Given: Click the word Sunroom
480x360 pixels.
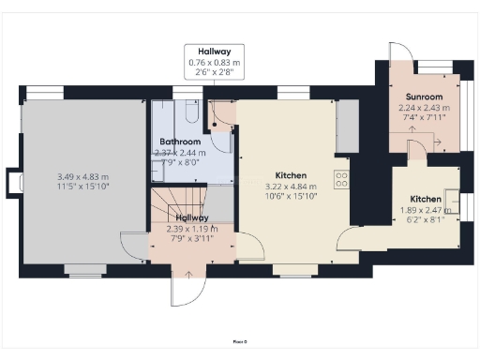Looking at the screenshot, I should pyautogui.click(x=424, y=97).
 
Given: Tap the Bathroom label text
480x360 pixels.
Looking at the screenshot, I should pyautogui.click(x=181, y=142).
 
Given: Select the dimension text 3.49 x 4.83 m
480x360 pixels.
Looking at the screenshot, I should pyautogui.click(x=82, y=177).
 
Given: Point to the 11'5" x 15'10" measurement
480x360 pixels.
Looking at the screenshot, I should pyautogui.click(x=82, y=187).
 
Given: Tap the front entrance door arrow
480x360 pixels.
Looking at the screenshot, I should pyautogui.click(x=189, y=274).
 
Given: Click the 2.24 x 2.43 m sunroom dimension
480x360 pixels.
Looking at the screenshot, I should pyautogui.click(x=424, y=108).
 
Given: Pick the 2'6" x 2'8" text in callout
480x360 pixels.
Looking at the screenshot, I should pyautogui.click(x=209, y=73).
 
